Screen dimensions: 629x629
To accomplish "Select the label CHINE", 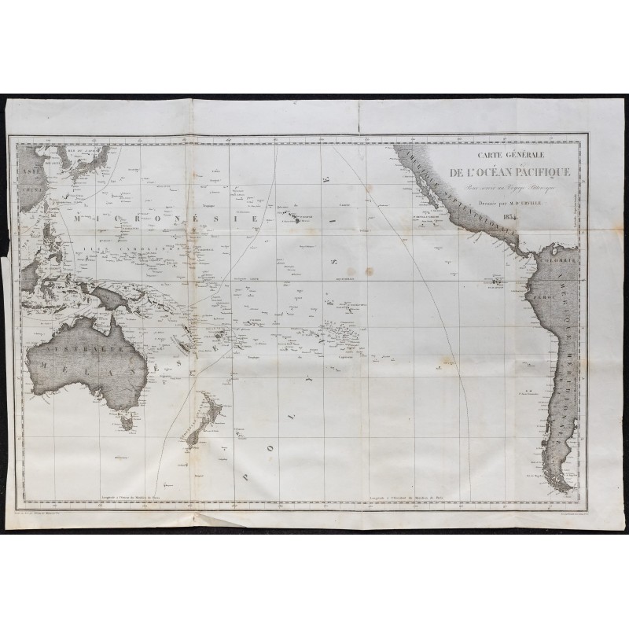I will (31, 189).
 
